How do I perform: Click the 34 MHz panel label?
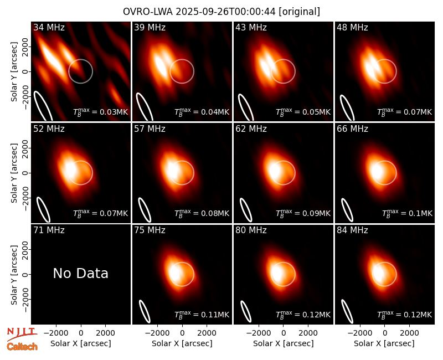(x=49, y=27)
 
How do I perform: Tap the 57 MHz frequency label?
(x=150, y=129)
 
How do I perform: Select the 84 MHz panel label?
(x=352, y=230)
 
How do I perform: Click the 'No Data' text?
(x=80, y=273)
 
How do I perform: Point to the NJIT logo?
(x=22, y=334)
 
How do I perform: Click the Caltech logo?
(x=22, y=347)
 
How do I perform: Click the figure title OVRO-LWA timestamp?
(x=221, y=12)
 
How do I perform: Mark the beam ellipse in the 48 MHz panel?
(x=347, y=108)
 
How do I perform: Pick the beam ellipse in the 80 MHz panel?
(x=246, y=311)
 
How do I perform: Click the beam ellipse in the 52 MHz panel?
(x=44, y=210)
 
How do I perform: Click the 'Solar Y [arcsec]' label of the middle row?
(x=14, y=173)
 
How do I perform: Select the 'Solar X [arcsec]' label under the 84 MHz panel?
(x=384, y=343)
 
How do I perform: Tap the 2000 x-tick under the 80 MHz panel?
(x=308, y=333)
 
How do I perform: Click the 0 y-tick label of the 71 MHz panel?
(x=25, y=274)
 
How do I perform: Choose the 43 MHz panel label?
(x=251, y=27)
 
